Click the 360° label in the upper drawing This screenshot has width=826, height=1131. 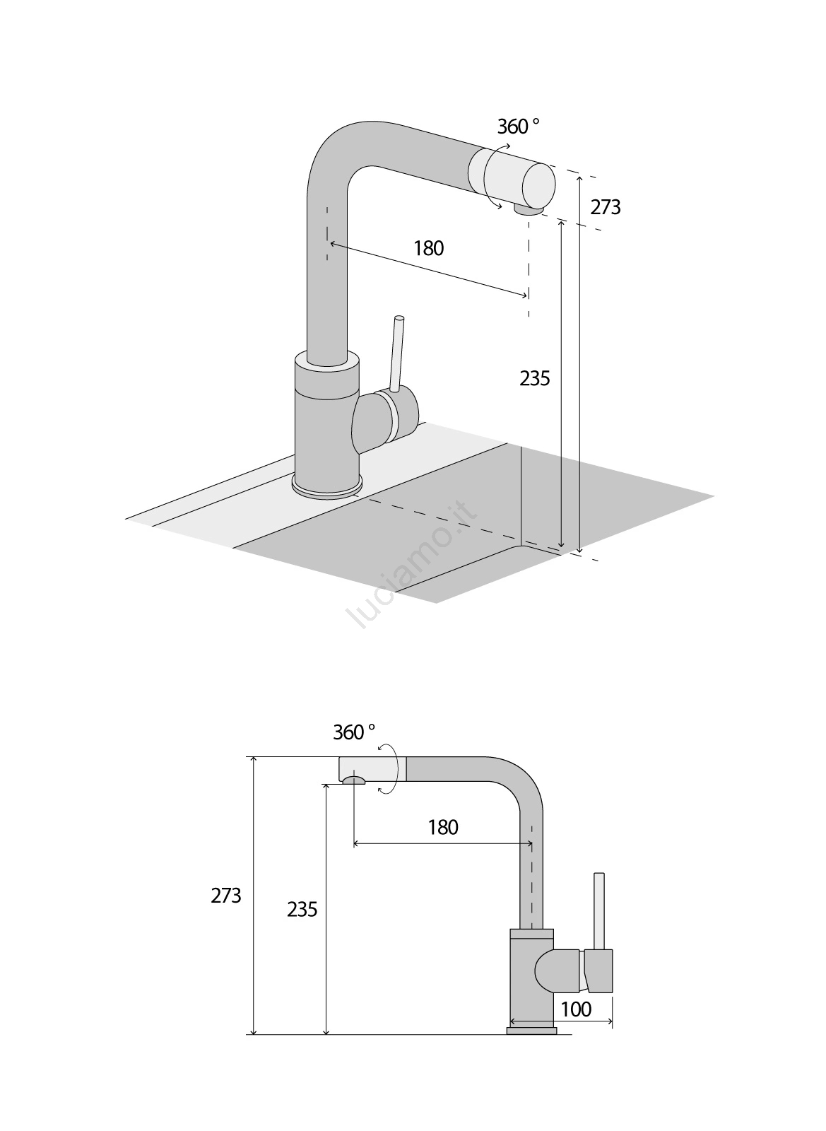pyautogui.click(x=518, y=127)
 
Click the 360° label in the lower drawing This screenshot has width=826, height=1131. pyautogui.click(x=354, y=732)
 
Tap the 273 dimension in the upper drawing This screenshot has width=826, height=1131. pyautogui.click(x=606, y=207)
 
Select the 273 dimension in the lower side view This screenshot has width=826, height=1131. pyautogui.click(x=226, y=896)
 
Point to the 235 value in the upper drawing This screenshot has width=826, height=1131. pyautogui.click(x=534, y=379)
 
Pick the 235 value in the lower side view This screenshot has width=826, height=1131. pyautogui.click(x=302, y=910)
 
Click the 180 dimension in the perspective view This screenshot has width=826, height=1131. pyautogui.click(x=428, y=248)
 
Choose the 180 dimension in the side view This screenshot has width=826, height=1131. pyautogui.click(x=443, y=827)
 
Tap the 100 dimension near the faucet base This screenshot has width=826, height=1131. pyautogui.click(x=576, y=1009)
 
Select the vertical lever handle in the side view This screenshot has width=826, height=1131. pyautogui.click(x=599, y=911)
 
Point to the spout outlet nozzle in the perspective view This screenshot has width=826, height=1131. pyautogui.click(x=528, y=209)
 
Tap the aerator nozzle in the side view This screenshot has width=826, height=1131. pyautogui.click(x=352, y=780)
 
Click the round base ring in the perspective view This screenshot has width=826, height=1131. pyautogui.click(x=327, y=488)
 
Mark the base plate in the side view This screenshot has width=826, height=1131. pyautogui.click(x=531, y=1031)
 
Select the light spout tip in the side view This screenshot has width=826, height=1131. pyautogui.click(x=367, y=768)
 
